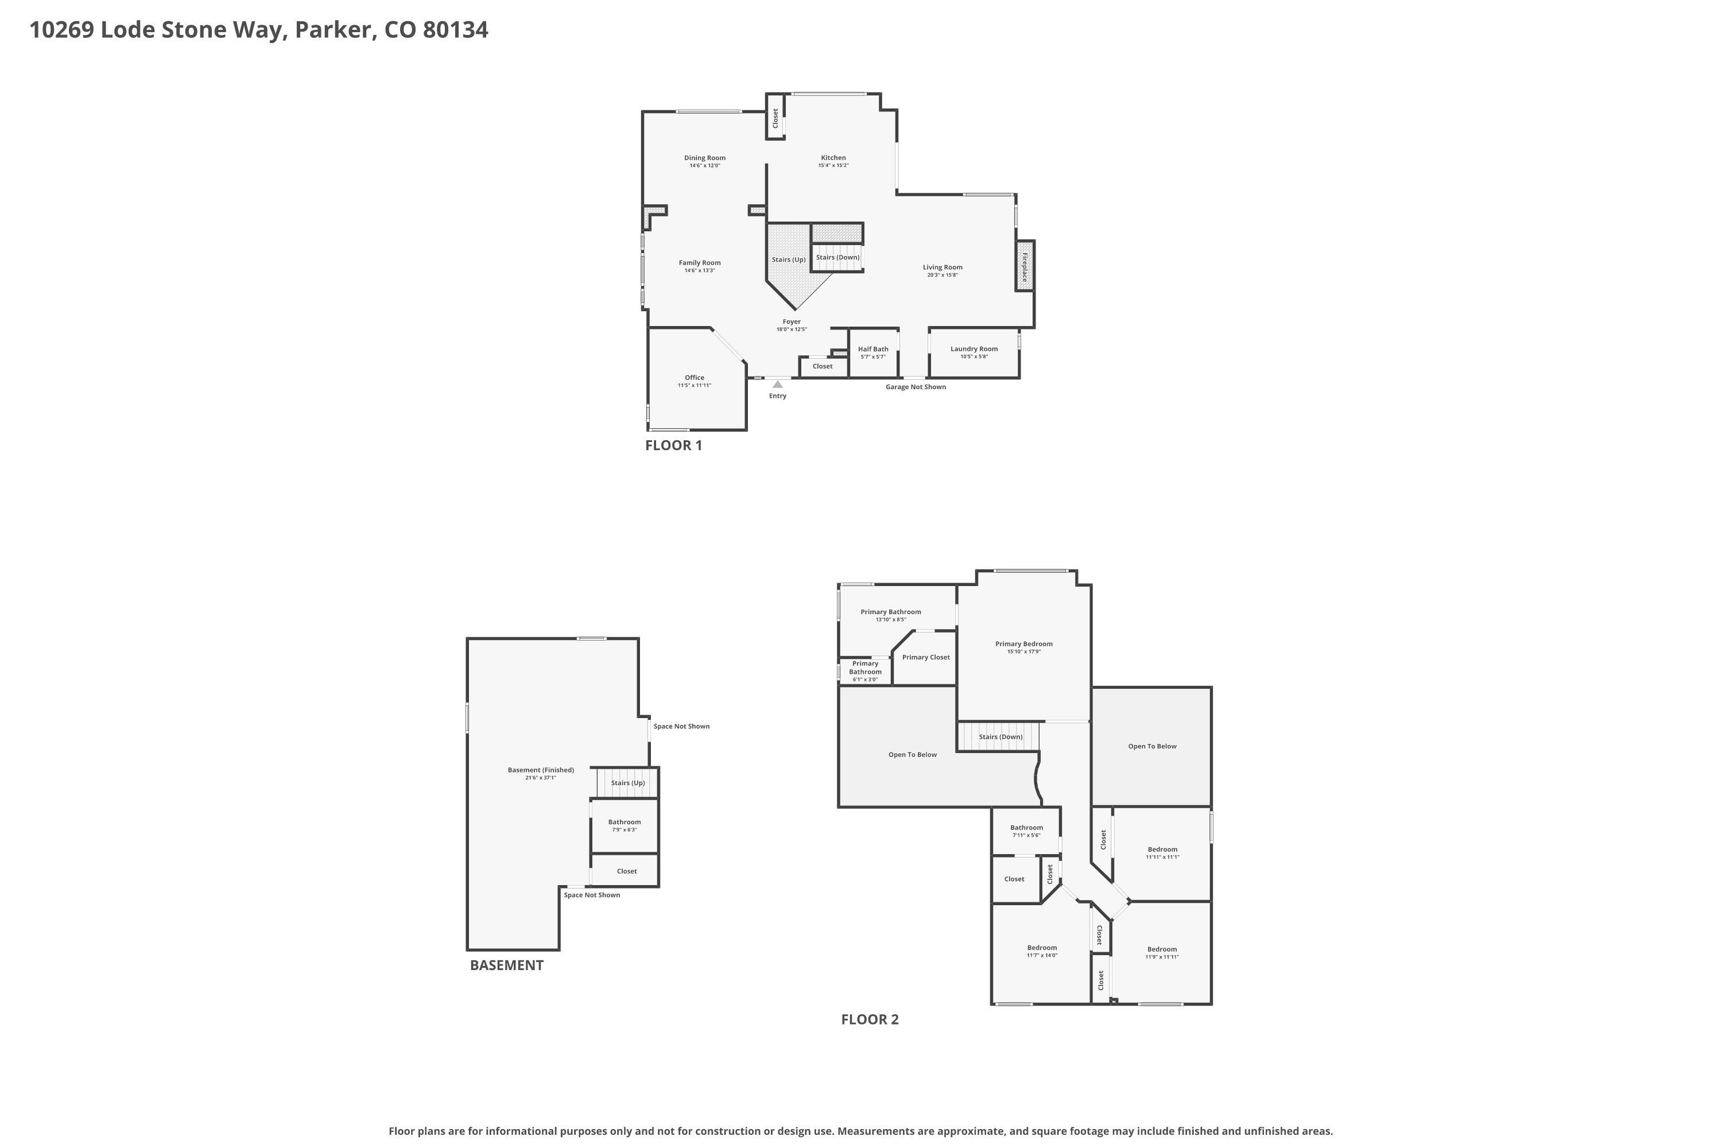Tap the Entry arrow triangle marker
(x=778, y=383)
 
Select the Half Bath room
(x=874, y=353)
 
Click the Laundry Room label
(x=974, y=348)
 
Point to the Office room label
(x=694, y=378)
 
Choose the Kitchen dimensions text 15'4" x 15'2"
(x=833, y=165)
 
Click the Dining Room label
(x=705, y=157)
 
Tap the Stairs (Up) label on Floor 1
(x=789, y=260)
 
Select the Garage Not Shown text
(x=915, y=386)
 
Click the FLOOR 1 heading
(x=673, y=445)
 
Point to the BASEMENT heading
(x=507, y=965)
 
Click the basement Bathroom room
(x=625, y=825)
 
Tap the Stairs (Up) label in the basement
(x=628, y=783)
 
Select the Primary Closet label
(x=925, y=657)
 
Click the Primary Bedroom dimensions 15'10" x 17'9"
(x=1023, y=651)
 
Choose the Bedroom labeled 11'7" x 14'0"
(x=1042, y=951)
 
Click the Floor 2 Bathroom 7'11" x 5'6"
(x=1026, y=831)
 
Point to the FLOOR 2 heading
(x=870, y=1019)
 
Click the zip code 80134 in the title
(x=455, y=30)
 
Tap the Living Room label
(x=943, y=267)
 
